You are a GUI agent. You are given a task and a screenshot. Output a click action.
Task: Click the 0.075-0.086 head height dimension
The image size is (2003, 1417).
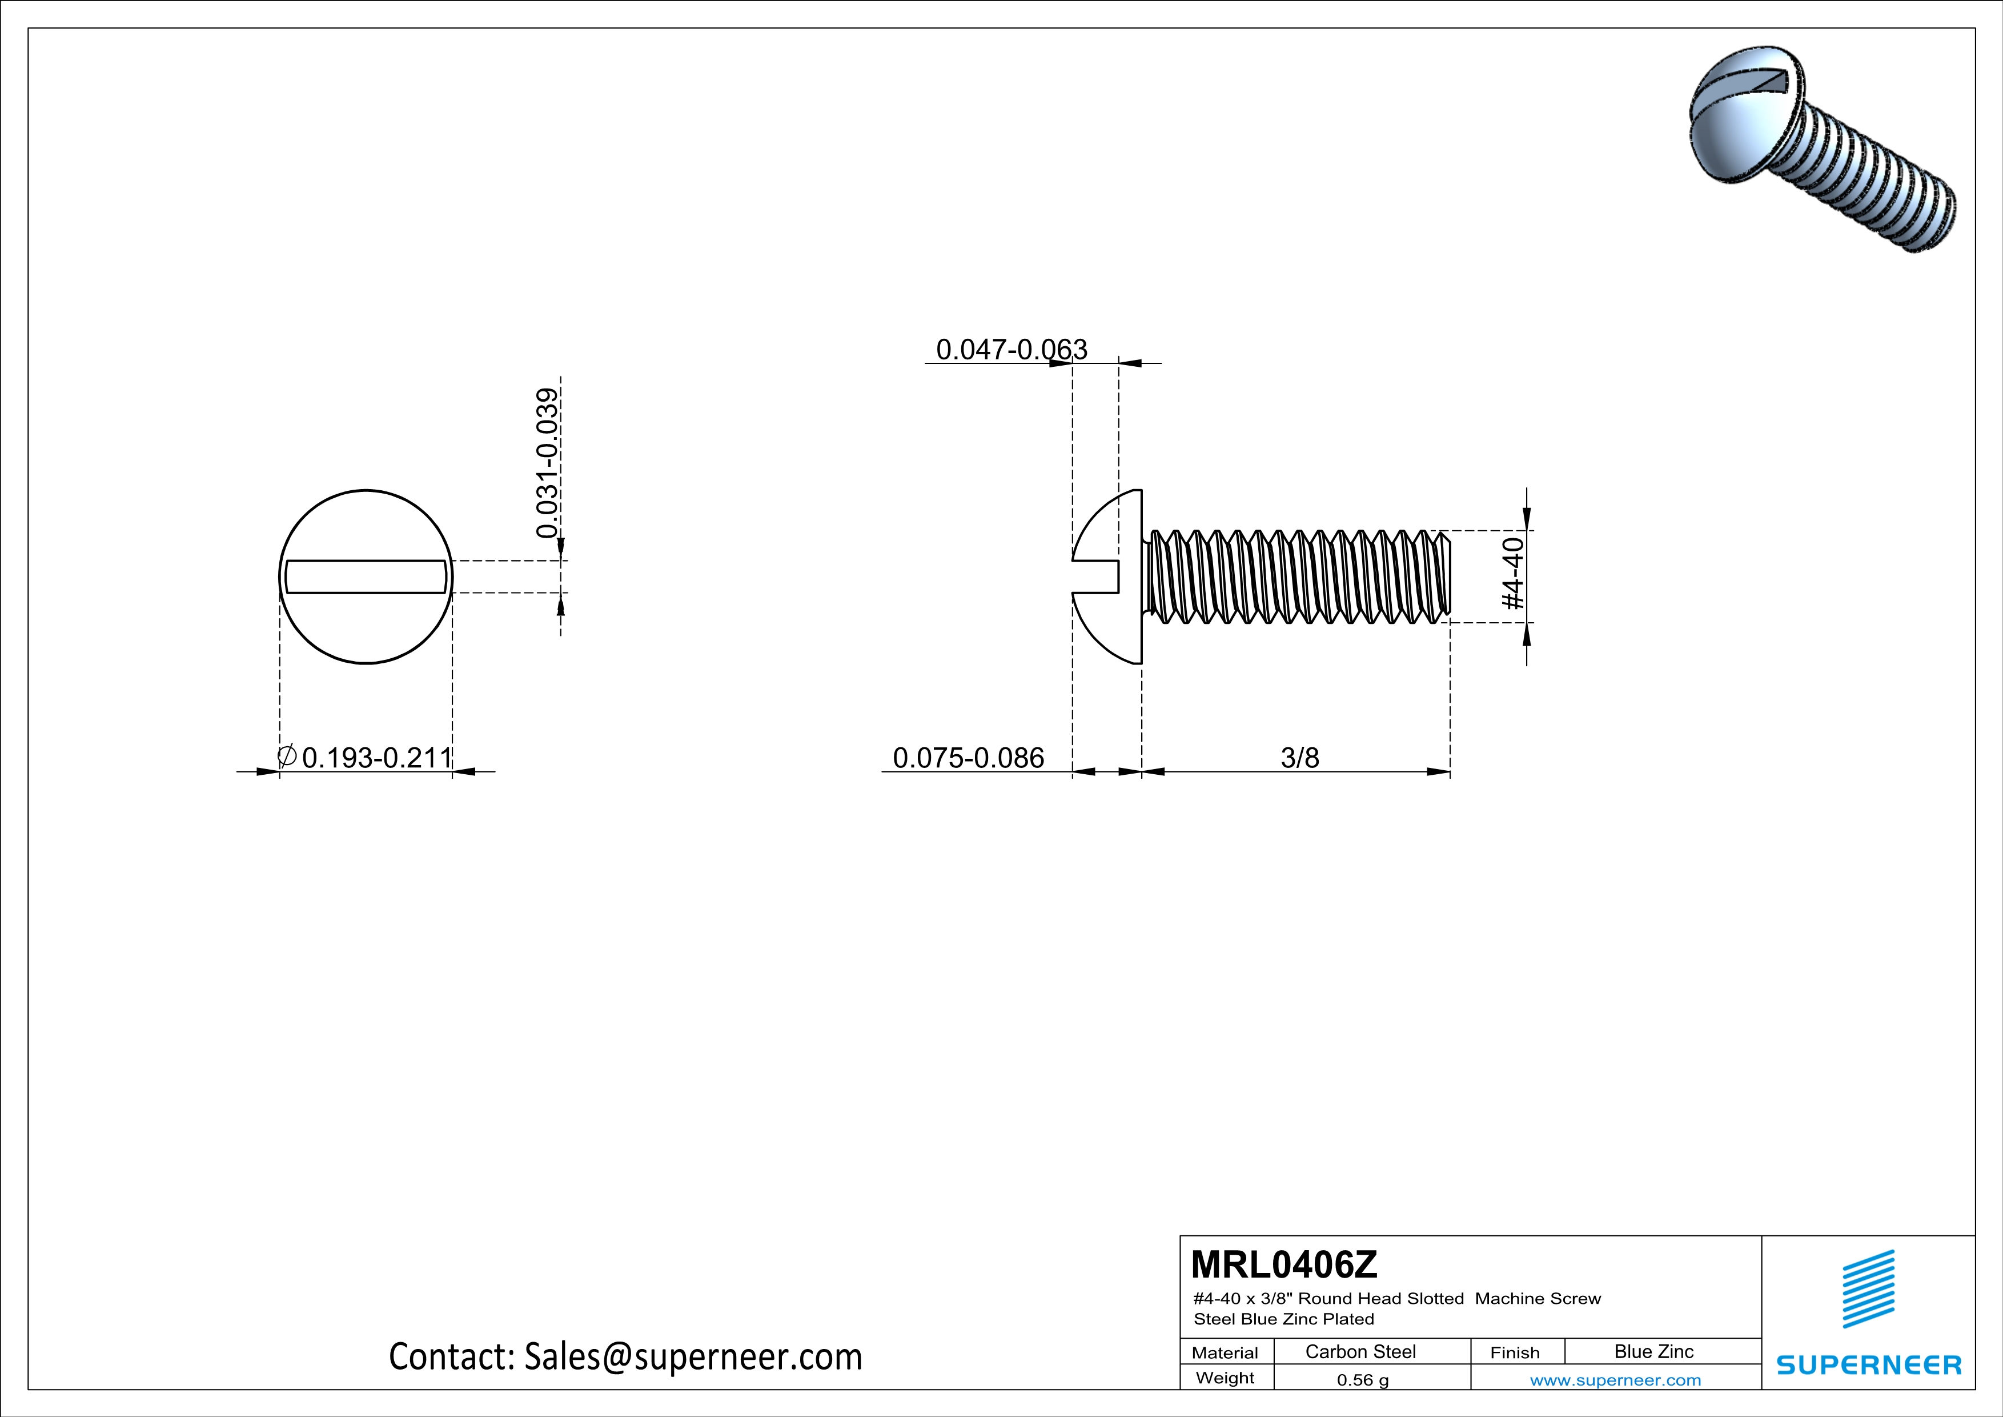click(x=968, y=758)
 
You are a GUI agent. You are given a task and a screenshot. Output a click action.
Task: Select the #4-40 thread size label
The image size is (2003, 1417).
click(x=1513, y=574)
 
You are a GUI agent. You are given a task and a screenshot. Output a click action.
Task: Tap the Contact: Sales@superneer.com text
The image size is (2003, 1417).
click(x=625, y=1357)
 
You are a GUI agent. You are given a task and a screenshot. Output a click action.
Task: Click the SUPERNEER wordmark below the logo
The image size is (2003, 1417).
click(x=1869, y=1364)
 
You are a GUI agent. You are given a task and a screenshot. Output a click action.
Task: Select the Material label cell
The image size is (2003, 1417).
click(x=1225, y=1352)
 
